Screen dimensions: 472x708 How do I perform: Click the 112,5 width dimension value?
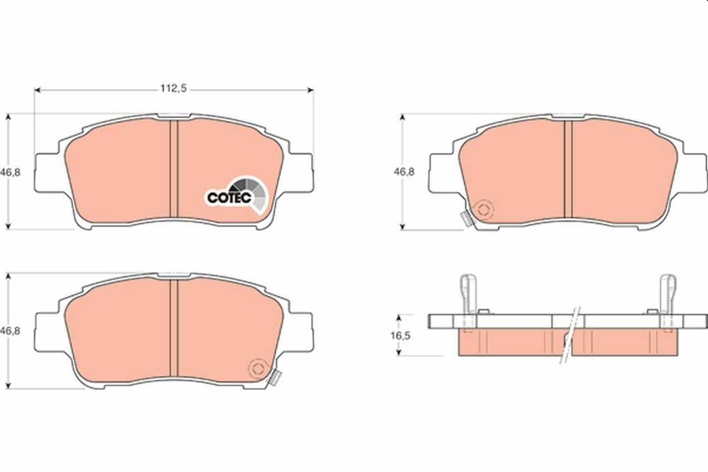[x=174, y=90]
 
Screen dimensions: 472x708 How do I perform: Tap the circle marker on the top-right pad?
[x=485, y=210]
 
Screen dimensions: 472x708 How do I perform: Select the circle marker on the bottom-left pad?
[x=258, y=369]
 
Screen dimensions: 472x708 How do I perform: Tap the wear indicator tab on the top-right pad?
[x=467, y=219]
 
